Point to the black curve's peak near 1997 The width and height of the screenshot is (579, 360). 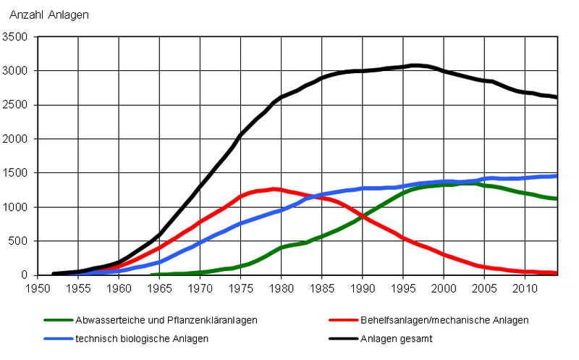(414, 65)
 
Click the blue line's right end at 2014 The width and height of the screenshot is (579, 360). (556, 175)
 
